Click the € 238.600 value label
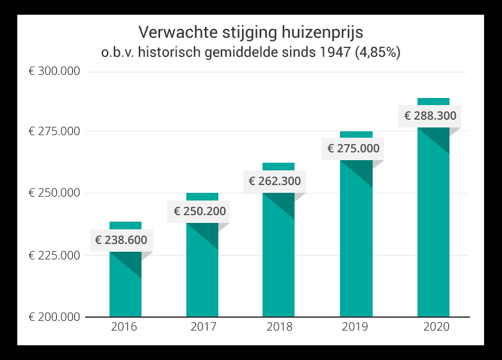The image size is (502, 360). [x=121, y=240]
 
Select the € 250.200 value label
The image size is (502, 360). [x=198, y=211]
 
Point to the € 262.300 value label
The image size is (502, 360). [x=275, y=181]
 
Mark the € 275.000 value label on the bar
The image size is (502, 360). [x=353, y=149]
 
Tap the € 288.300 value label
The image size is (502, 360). [x=430, y=116]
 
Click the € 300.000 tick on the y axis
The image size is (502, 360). [x=54, y=71]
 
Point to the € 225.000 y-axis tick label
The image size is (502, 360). [x=54, y=256]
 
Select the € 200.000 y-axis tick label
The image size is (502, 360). [x=54, y=317]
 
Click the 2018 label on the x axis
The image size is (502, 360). [x=279, y=327]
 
